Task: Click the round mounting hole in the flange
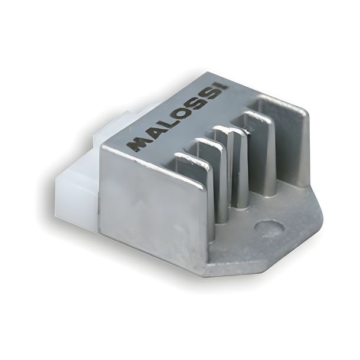269,228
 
